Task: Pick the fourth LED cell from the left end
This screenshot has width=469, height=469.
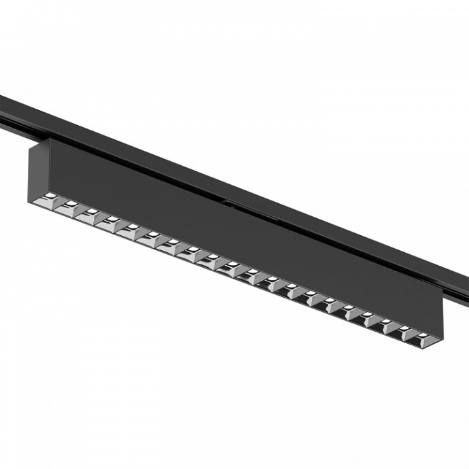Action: coord(109,222)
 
